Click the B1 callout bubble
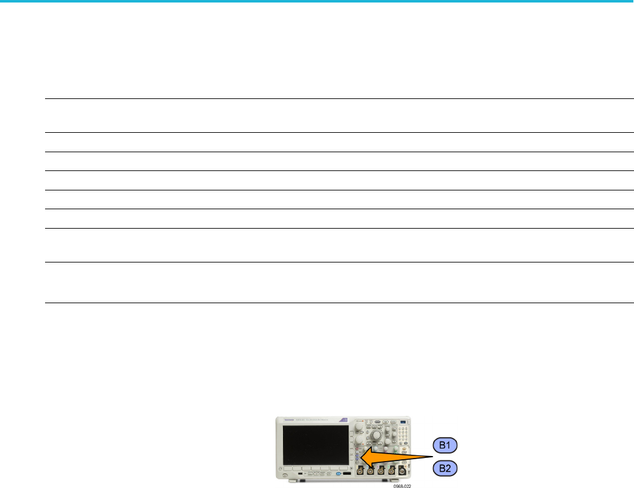(445, 445)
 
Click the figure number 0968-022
(403, 485)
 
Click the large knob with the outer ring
(377, 434)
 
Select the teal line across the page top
(317, 1)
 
